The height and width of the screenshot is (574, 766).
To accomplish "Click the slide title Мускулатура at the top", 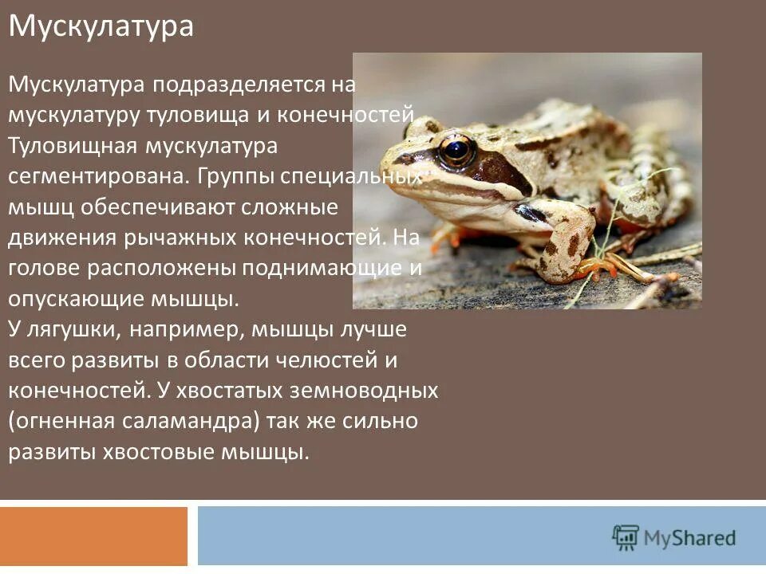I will (x=101, y=26).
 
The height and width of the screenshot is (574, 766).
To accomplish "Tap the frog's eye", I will (x=457, y=149).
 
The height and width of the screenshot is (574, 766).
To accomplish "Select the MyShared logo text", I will (x=690, y=538).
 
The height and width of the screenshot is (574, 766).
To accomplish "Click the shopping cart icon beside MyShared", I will (x=626, y=538).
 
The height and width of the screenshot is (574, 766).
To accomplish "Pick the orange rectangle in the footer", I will (x=93, y=536).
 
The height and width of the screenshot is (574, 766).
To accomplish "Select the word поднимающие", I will (x=322, y=268).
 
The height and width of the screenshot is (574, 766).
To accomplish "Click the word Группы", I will (x=223, y=175).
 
